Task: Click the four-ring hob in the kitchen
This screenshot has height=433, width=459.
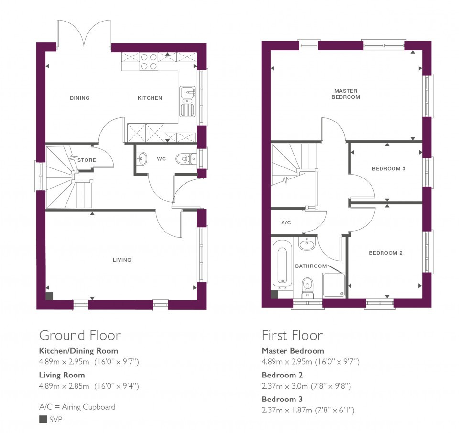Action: pyautogui.click(x=149, y=62)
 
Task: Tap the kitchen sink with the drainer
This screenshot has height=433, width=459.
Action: pyautogui.click(x=187, y=101)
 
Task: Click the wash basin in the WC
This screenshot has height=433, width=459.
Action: pyautogui.click(x=142, y=159)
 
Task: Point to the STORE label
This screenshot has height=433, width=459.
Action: pyautogui.click(x=87, y=160)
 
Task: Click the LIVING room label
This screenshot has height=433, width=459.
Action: pyautogui.click(x=122, y=260)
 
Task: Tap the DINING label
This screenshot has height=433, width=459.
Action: pyautogui.click(x=80, y=98)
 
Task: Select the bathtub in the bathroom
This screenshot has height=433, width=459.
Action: pyautogui.click(x=282, y=263)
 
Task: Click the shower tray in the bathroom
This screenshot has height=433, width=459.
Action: pyautogui.click(x=334, y=285)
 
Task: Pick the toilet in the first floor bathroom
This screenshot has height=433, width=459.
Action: pyautogui.click(x=307, y=288)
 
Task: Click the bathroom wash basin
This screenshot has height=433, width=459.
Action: pyautogui.click(x=306, y=244)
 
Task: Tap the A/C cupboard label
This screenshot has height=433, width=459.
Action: pyautogui.click(x=286, y=222)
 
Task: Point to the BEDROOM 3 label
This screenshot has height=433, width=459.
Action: pyautogui.click(x=388, y=169)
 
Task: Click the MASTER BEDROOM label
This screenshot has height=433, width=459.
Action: pyautogui.click(x=346, y=94)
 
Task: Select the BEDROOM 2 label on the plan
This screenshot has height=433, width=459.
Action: pyautogui.click(x=385, y=253)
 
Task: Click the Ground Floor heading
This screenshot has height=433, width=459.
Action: pyautogui.click(x=80, y=335)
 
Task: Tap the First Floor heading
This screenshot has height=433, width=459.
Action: pyautogui.click(x=293, y=335)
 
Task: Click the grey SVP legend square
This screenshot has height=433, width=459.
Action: pyautogui.click(x=43, y=420)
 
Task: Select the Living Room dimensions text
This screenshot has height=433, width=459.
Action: pyautogui.click(x=89, y=386)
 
